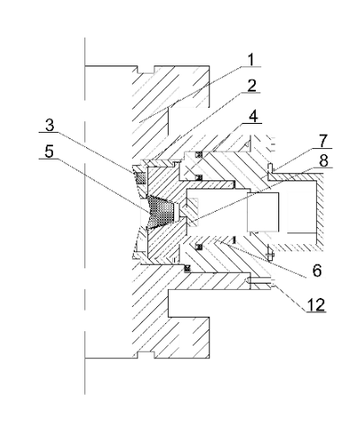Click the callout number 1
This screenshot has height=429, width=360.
250,59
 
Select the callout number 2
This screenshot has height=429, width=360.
252,86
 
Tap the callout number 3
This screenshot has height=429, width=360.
49,126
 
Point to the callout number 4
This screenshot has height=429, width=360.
253,116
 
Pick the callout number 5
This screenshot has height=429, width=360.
49,152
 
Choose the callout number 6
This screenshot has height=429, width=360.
317,270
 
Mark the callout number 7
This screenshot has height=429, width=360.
323,142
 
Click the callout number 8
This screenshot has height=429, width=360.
323,161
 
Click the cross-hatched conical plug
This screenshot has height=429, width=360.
161,211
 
